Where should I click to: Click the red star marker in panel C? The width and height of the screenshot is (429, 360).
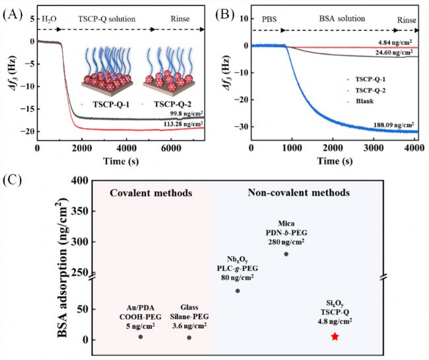point(335,337)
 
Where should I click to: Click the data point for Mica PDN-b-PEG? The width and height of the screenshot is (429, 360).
point(286,254)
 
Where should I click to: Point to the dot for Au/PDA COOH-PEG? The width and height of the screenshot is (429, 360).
point(141,337)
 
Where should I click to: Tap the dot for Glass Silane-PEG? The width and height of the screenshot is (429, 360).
point(189,338)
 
